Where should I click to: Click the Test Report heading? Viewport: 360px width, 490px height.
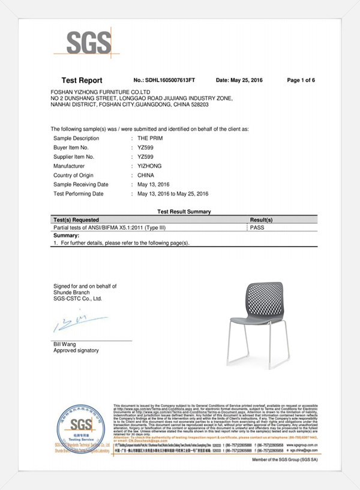click(82, 80)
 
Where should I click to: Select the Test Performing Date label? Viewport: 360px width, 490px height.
click(79, 194)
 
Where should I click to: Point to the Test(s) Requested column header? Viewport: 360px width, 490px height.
click(76, 220)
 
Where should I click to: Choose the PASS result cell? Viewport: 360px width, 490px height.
click(259, 228)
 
